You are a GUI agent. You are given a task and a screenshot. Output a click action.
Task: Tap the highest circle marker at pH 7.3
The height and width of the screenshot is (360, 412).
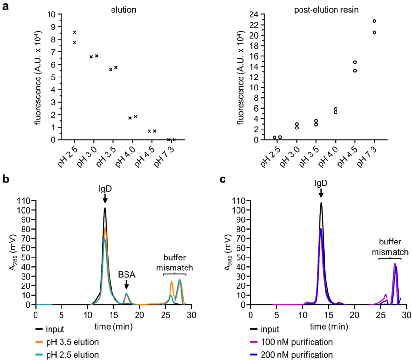pos(374,21)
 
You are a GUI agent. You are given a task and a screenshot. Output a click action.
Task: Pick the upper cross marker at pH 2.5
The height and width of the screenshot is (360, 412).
pos(75,32)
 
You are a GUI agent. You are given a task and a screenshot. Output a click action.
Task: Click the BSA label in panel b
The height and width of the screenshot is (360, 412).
pos(126,275)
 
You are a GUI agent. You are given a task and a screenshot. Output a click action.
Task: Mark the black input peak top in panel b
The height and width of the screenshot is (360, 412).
pos(105,208)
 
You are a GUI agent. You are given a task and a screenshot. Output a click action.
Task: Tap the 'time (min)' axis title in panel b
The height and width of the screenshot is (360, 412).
pos(113,327)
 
